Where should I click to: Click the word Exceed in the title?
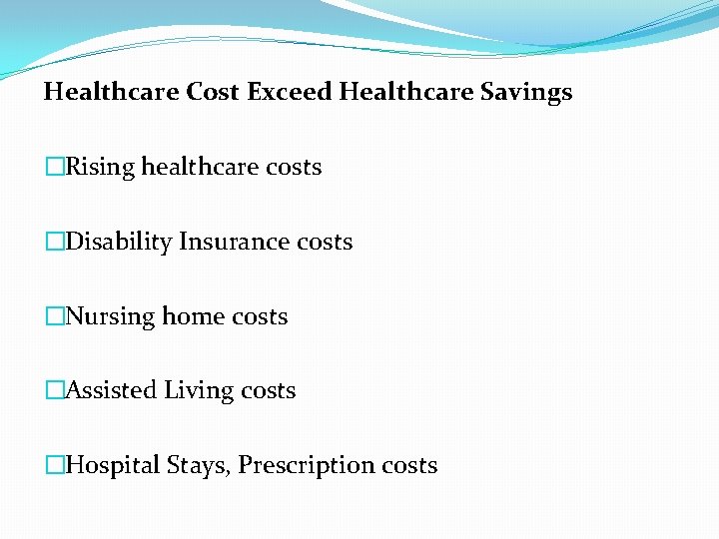coord(290,93)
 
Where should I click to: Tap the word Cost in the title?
coord(212,93)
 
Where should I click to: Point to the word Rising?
coord(100,167)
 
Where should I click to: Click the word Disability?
coord(118,242)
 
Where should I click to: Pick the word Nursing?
coord(110,316)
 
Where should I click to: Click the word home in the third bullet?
coord(193,316)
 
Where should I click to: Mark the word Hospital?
coord(112,465)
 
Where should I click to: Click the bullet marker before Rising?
coord(54,167)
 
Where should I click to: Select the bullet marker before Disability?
coord(54,242)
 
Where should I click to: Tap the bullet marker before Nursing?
coord(54,316)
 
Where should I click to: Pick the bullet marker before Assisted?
coord(54,390)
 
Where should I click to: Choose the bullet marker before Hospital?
coord(54,465)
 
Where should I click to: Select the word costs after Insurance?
coord(325,242)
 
